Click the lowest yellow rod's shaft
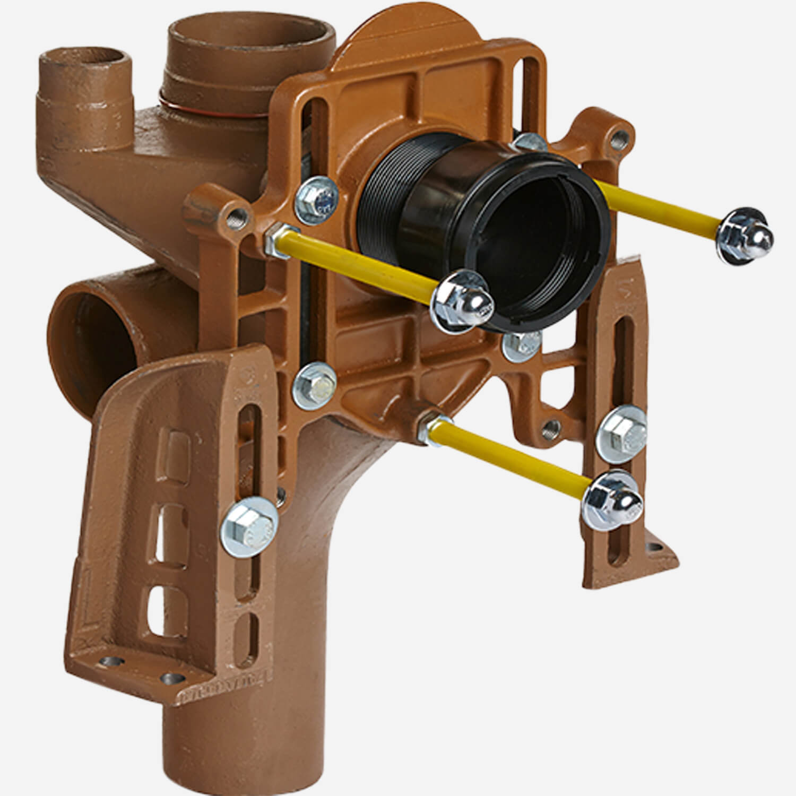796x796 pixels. [509, 451]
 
